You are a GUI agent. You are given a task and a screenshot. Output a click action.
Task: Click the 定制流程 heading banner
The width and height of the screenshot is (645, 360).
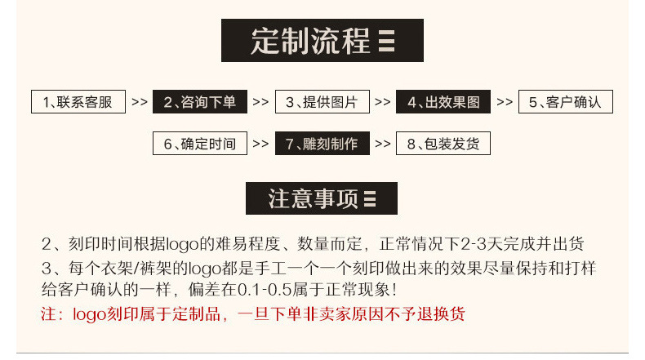322,40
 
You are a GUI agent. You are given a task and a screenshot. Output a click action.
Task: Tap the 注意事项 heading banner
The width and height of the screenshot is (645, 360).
322,198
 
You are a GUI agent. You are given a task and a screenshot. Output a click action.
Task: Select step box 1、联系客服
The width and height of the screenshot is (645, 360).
78,102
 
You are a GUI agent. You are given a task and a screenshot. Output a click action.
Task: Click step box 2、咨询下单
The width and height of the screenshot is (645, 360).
200,102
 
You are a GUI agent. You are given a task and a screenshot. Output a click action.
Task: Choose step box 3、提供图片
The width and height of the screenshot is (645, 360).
322,102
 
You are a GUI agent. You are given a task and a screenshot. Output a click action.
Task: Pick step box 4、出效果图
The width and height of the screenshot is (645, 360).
444,102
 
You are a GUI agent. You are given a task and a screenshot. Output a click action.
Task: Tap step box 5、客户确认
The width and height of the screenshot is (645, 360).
565,102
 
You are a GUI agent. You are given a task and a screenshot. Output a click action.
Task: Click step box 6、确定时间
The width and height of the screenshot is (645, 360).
200,144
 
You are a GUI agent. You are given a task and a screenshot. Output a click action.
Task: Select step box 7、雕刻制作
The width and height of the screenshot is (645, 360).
322,144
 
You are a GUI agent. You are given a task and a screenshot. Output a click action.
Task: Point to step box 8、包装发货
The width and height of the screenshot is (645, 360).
443,144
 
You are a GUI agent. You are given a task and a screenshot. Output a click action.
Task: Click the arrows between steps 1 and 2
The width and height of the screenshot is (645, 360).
139,103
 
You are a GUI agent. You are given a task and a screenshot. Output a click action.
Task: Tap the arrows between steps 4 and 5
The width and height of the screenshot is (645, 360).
505,103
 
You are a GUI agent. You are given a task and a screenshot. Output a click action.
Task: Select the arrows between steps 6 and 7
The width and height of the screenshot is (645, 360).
260,144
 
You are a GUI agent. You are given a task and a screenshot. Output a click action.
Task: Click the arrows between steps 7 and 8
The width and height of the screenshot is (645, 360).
383,144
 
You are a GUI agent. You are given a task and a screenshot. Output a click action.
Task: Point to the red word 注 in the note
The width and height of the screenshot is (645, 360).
48,314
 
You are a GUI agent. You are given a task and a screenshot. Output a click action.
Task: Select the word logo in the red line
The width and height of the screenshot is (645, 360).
89,314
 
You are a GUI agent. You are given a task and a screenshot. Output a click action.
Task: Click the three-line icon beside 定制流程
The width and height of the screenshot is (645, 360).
387,41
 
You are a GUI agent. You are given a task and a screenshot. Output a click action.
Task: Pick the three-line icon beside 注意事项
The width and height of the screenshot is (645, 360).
369,199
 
